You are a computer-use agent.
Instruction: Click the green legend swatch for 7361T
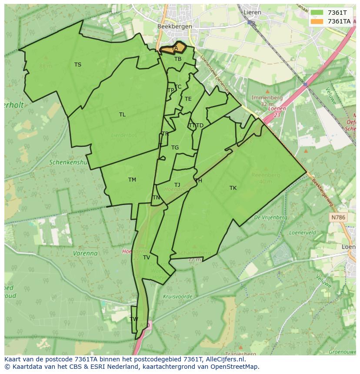(x=317, y=13)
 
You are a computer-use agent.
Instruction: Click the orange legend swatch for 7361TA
(x=317, y=21)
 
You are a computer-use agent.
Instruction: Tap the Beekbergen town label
(x=174, y=26)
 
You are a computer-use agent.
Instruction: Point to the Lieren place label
(x=252, y=12)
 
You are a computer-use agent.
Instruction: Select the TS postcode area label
(x=77, y=65)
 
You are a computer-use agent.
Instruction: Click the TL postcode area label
(x=122, y=115)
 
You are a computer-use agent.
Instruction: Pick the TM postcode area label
(x=132, y=180)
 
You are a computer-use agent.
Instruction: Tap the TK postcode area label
(x=233, y=188)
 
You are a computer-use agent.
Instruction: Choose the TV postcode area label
(x=147, y=258)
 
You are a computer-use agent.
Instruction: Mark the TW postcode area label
(x=134, y=319)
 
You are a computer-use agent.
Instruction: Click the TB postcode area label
(x=178, y=59)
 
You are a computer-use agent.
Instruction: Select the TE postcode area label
(x=188, y=99)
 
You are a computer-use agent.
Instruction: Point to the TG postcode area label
(x=175, y=148)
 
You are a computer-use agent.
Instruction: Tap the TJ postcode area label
(x=177, y=185)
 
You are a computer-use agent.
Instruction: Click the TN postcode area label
(x=156, y=198)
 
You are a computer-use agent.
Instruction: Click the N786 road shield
(x=337, y=217)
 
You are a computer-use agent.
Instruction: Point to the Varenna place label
(x=85, y=253)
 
